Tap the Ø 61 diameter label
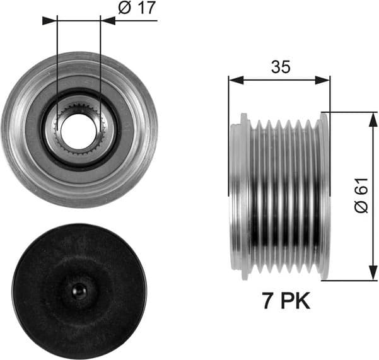click(x=360, y=196)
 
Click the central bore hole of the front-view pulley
click(x=79, y=129)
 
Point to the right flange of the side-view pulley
click(x=324, y=195)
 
